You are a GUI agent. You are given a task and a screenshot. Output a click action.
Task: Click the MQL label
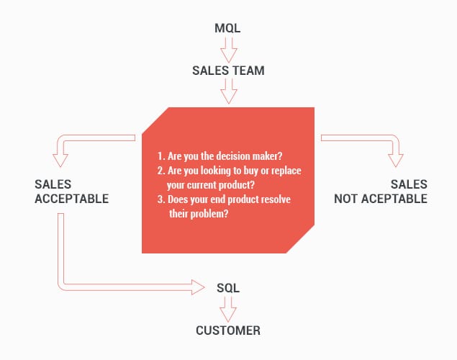click(228, 28)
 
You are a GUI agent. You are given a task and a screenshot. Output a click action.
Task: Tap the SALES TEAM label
click(228, 71)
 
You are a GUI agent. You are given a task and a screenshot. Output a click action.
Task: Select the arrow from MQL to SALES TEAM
click(228, 49)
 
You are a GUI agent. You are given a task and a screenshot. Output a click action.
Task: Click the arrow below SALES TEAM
click(228, 91)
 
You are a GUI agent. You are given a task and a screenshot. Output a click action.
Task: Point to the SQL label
click(228, 288)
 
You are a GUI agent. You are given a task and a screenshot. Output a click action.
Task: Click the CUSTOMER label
click(228, 330)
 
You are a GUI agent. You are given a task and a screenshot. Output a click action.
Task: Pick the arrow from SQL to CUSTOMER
click(228, 310)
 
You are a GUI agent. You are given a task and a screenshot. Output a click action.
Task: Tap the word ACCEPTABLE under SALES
click(71, 198)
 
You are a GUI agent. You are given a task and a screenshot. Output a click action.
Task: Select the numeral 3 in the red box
click(160, 199)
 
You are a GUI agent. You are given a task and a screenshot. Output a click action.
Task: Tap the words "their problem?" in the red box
click(199, 213)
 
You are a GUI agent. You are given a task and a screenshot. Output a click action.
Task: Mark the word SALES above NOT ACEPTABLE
click(409, 184)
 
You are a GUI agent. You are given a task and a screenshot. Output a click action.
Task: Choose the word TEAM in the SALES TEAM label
click(248, 71)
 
